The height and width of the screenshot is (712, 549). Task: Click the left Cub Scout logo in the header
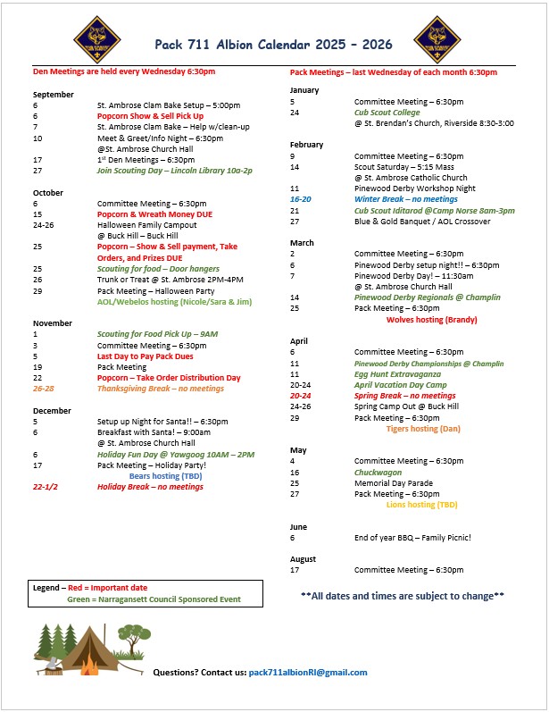tap(96, 36)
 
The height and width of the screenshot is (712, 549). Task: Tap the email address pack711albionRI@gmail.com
tap(308, 673)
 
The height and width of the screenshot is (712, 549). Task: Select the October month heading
tap(47, 192)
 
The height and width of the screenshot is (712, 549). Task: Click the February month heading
tap(306, 145)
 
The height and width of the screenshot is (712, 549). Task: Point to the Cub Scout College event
tap(387, 113)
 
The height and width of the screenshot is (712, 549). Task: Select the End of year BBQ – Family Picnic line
tap(412, 537)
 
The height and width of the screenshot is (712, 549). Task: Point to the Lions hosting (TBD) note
tap(421, 505)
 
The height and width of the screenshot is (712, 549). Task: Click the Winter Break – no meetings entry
tap(405, 199)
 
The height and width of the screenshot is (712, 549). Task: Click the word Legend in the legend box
tap(46, 589)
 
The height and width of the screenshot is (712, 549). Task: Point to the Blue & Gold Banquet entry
tap(421, 222)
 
